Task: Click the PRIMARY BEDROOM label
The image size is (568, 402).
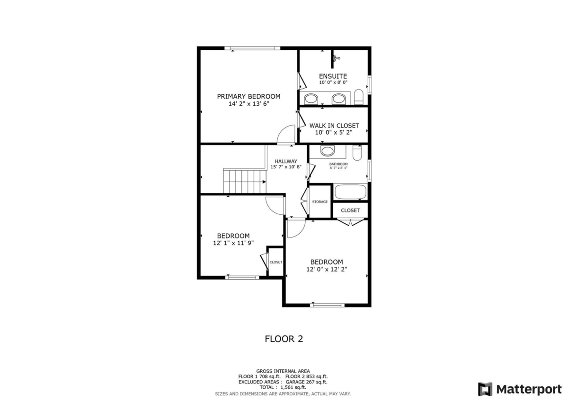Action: [248, 96]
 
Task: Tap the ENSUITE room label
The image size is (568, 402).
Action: [333, 76]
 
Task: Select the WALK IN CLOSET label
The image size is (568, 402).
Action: [334, 126]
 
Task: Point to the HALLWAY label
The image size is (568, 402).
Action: [286, 161]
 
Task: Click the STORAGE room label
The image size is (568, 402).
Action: [320, 201]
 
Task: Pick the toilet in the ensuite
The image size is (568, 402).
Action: [359, 97]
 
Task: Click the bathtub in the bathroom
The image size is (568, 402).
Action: [350, 192]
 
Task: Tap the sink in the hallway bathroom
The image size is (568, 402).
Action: [328, 151]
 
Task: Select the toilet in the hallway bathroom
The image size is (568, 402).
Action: [357, 153]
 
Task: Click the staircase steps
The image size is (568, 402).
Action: [245, 182]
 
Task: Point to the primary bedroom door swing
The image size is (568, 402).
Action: [286, 134]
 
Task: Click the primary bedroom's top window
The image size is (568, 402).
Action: [252, 48]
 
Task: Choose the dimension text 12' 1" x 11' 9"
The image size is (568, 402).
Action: [233, 243]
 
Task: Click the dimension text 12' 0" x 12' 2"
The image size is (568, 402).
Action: [327, 269]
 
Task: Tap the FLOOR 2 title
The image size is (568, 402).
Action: [284, 339]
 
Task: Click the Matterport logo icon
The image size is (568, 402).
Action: [485, 389]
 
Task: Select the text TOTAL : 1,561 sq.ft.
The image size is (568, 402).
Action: [283, 387]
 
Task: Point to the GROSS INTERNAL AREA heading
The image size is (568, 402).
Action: [283, 371]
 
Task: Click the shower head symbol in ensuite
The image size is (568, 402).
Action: [336, 58]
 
